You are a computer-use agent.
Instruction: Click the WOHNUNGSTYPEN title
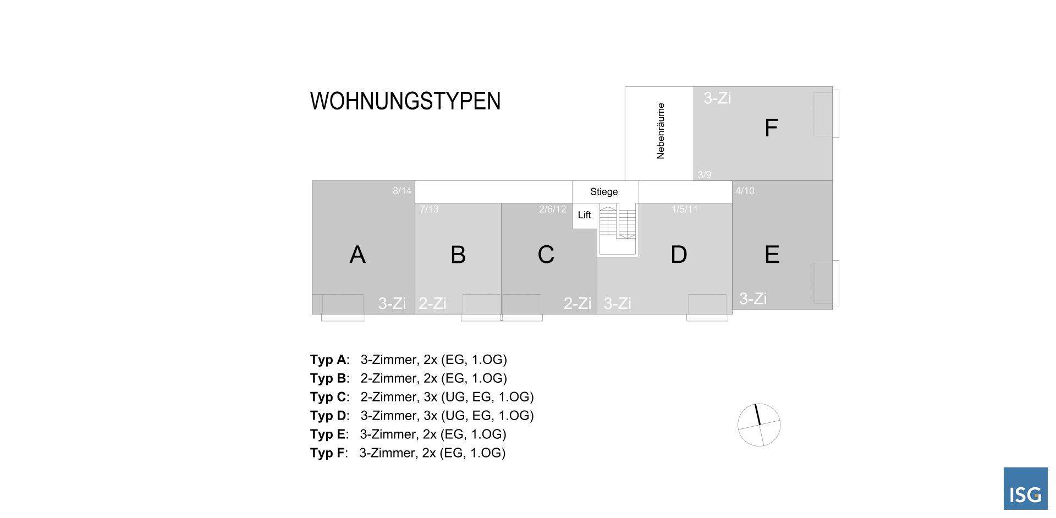click(x=405, y=101)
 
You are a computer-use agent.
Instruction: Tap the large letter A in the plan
click(x=358, y=255)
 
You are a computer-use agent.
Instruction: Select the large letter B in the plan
click(x=458, y=255)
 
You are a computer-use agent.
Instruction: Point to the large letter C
click(x=546, y=255)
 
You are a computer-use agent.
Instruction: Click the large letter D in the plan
click(x=679, y=255)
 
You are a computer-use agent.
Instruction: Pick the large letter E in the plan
click(x=772, y=255)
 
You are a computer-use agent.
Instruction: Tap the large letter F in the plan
click(x=771, y=128)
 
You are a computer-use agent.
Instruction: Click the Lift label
click(x=584, y=215)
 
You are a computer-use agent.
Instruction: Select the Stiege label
click(x=604, y=192)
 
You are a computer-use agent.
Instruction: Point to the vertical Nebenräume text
click(x=661, y=131)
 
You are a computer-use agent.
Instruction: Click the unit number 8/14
click(x=402, y=191)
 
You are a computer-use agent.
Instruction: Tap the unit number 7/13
click(x=429, y=209)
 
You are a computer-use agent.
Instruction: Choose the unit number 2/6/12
click(x=552, y=209)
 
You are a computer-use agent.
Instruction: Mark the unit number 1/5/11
click(x=684, y=209)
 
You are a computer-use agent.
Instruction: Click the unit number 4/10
click(x=745, y=191)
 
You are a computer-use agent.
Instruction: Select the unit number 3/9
click(x=705, y=175)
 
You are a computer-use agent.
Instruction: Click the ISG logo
click(x=1025, y=489)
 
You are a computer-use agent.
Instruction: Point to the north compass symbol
click(x=759, y=425)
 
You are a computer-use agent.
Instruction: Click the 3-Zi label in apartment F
click(x=717, y=98)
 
